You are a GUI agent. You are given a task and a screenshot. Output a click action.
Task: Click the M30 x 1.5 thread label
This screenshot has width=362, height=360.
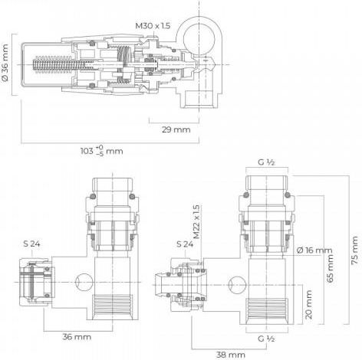[153, 26]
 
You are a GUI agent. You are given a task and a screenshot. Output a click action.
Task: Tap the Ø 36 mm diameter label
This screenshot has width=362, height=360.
[5, 63]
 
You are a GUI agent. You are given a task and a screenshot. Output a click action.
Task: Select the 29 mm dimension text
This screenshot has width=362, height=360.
[176, 129]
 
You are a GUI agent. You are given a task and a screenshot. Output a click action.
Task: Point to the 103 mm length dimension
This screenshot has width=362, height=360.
[102, 150]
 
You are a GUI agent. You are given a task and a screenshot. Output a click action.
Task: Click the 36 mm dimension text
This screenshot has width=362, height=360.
[77, 337]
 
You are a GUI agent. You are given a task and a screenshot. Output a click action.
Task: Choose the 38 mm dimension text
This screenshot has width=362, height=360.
[231, 355]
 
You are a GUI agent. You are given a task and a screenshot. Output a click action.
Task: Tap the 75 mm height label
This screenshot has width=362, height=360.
[354, 250]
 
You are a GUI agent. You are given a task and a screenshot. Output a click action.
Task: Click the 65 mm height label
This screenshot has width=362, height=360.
[331, 268]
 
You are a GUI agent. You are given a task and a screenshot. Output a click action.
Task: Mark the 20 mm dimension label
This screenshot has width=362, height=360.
[309, 305]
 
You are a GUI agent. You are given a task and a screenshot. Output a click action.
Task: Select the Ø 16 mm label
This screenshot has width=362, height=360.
[314, 250]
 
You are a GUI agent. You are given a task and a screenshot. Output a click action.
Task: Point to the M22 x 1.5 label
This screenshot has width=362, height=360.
[196, 221]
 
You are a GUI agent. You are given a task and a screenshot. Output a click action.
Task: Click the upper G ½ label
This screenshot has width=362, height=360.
[266, 162]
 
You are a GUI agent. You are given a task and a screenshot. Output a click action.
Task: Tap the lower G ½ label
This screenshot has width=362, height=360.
[266, 339]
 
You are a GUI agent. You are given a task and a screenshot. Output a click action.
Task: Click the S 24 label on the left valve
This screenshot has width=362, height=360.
[31, 244]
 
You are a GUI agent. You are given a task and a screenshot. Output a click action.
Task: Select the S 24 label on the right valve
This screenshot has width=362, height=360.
[185, 244]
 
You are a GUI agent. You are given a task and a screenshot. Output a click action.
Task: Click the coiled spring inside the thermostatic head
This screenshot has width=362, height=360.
[60, 64]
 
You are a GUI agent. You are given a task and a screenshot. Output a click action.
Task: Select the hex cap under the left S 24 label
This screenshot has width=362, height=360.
[36, 282]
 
